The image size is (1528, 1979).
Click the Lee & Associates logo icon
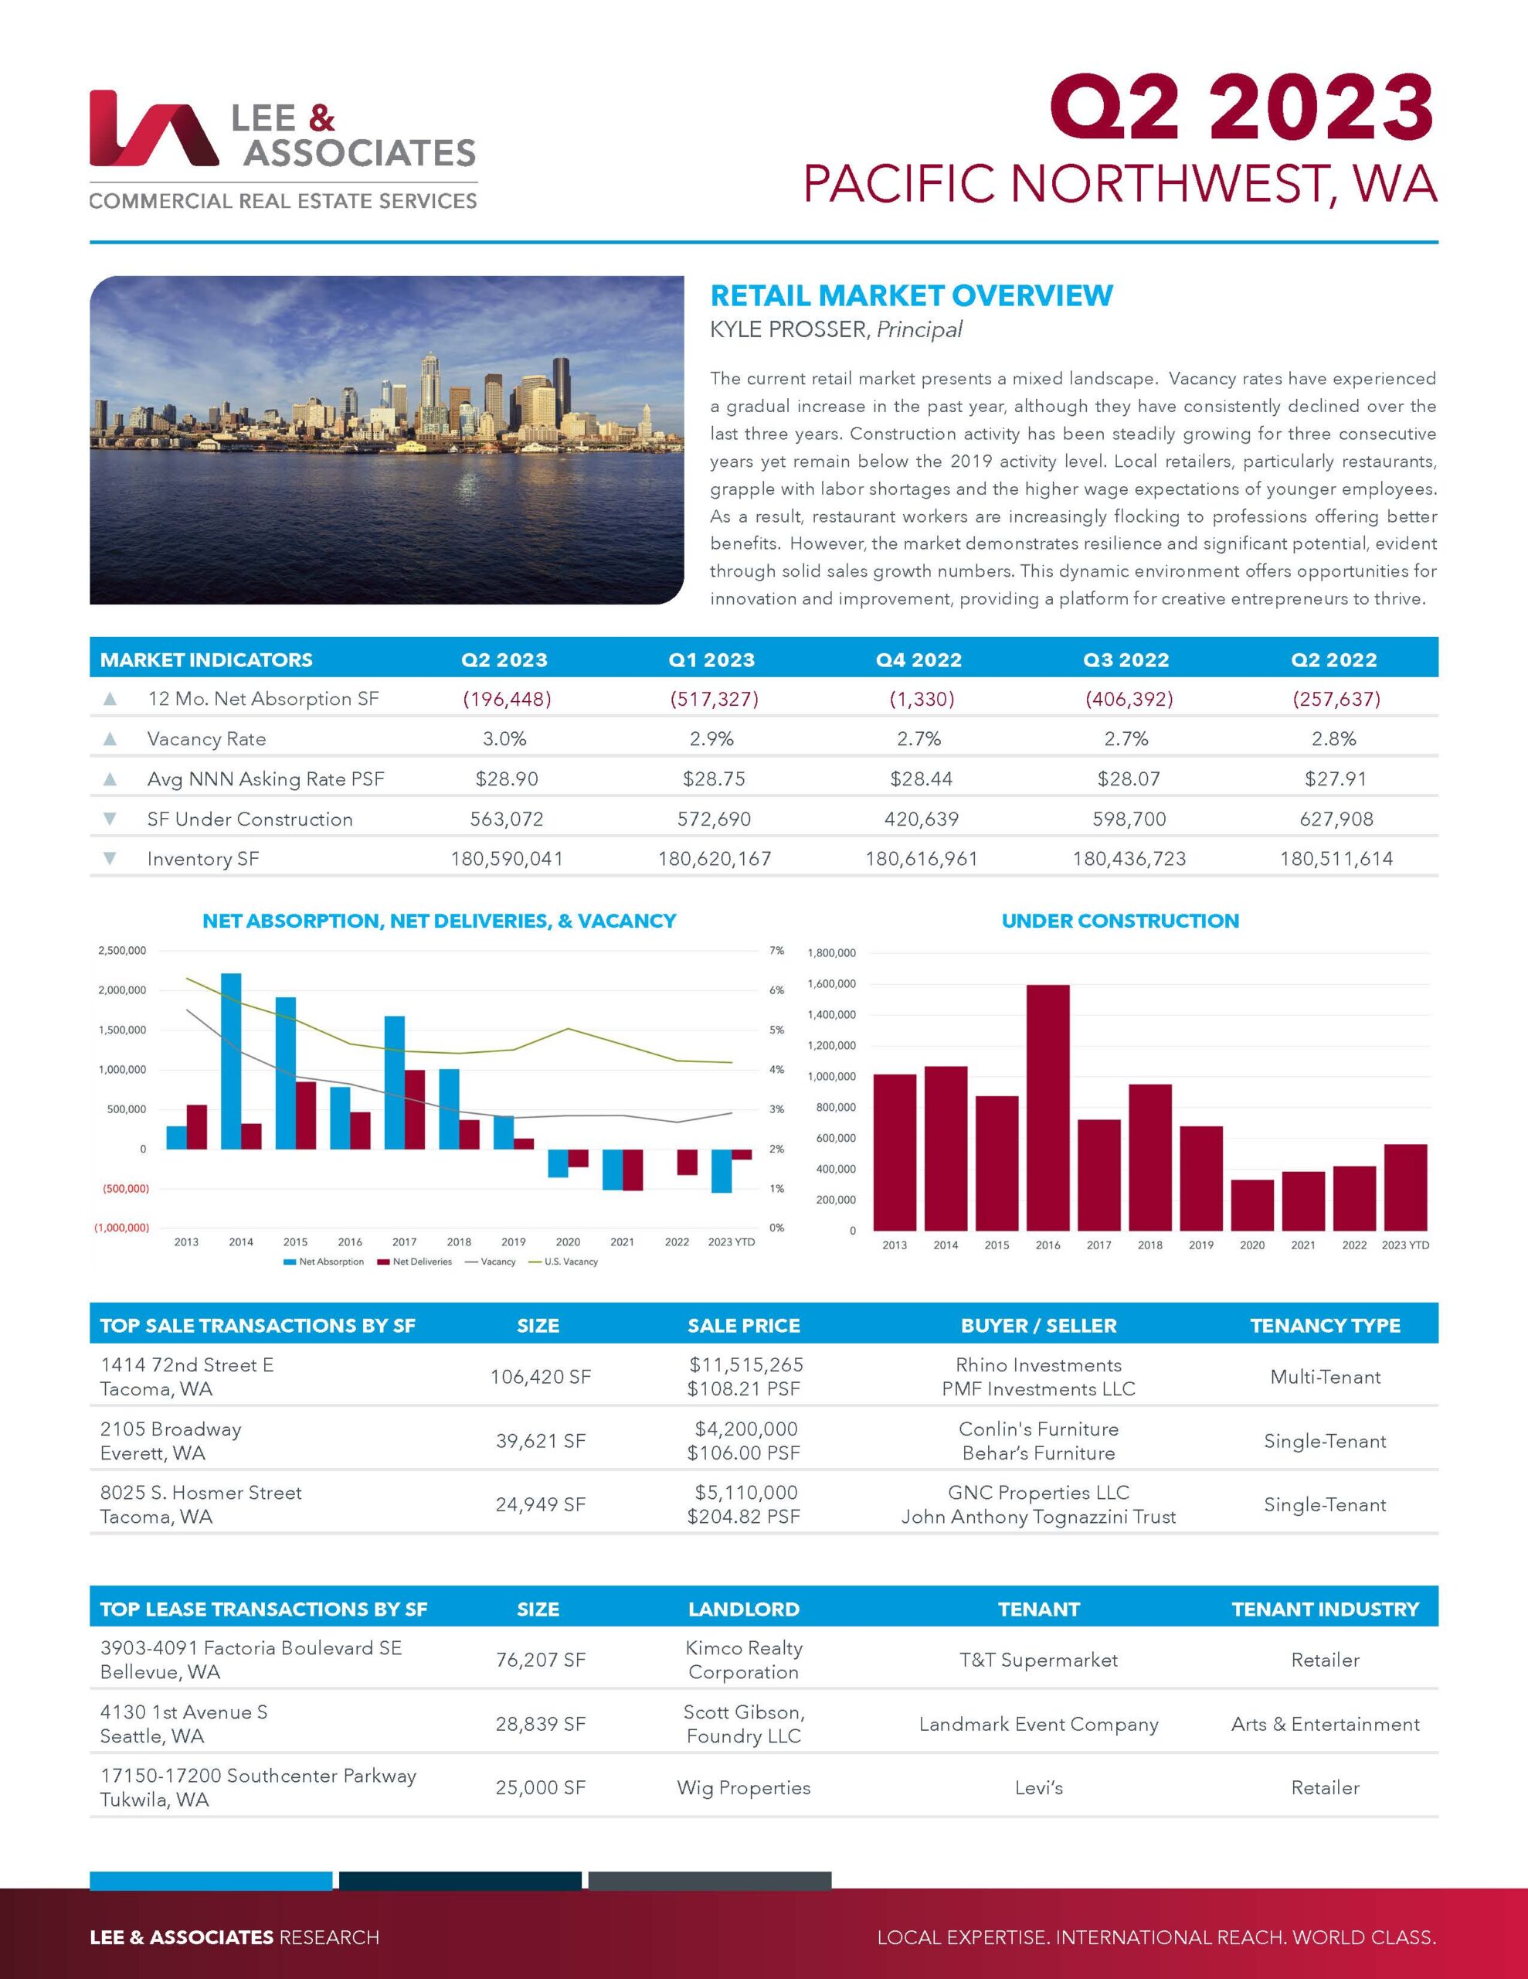click(x=153, y=128)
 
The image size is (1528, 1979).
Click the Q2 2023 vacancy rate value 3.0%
click(x=504, y=738)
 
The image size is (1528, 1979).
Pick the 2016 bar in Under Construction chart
click(x=1048, y=1107)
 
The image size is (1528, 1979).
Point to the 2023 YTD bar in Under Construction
click(x=1405, y=1187)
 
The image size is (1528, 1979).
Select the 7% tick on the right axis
click(x=776, y=951)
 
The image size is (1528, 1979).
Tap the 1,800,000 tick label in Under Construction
click(x=830, y=953)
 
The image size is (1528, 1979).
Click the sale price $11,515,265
click(x=745, y=1364)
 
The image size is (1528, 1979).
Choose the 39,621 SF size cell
click(x=540, y=1441)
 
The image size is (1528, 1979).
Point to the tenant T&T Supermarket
click(x=1038, y=1660)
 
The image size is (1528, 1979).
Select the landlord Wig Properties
click(x=744, y=1788)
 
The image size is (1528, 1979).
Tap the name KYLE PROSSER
click(x=788, y=330)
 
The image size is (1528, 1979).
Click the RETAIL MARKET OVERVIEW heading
click(x=912, y=295)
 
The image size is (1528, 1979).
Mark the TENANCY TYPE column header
click(x=1324, y=1326)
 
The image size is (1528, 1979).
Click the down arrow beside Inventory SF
click(x=110, y=858)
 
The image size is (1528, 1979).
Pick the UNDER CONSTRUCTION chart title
click(x=1119, y=921)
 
